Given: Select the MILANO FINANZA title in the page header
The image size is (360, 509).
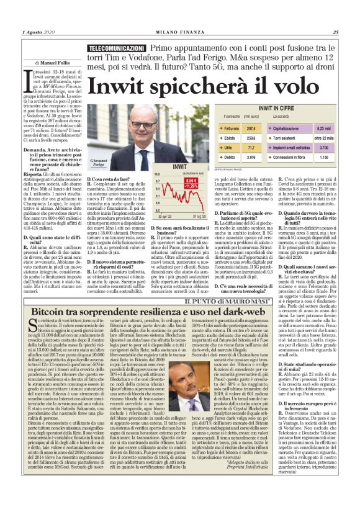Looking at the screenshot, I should pos(180,33).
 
